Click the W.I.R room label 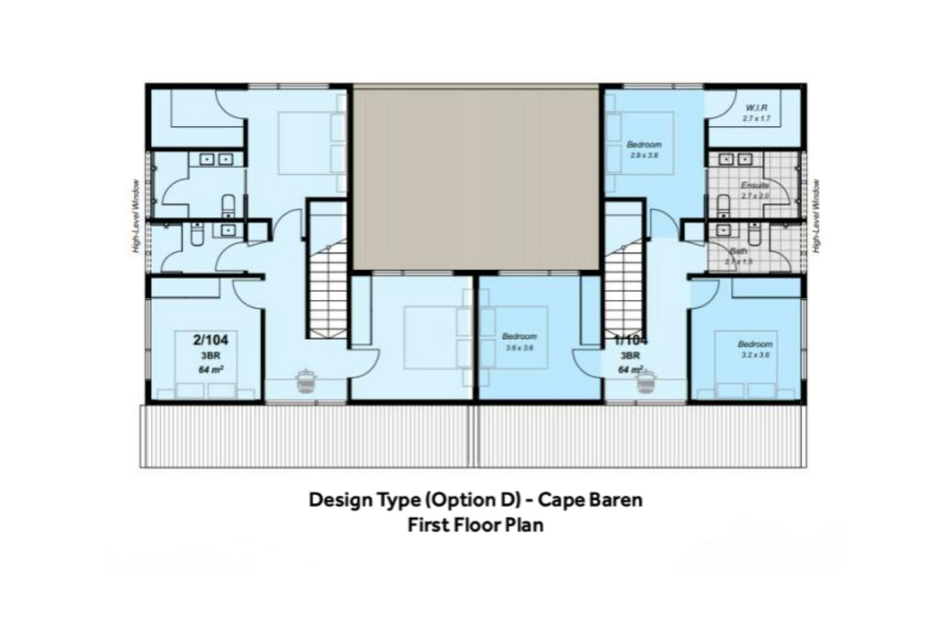[x=756, y=107]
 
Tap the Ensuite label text [x=755, y=185]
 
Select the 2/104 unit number [x=211, y=340]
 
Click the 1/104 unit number [x=631, y=340]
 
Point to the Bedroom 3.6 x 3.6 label [x=519, y=337]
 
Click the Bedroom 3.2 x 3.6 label [x=755, y=344]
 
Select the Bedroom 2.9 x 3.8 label [x=644, y=145]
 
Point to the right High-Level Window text [x=817, y=216]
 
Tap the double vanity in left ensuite [x=216, y=159]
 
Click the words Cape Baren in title [x=590, y=499]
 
